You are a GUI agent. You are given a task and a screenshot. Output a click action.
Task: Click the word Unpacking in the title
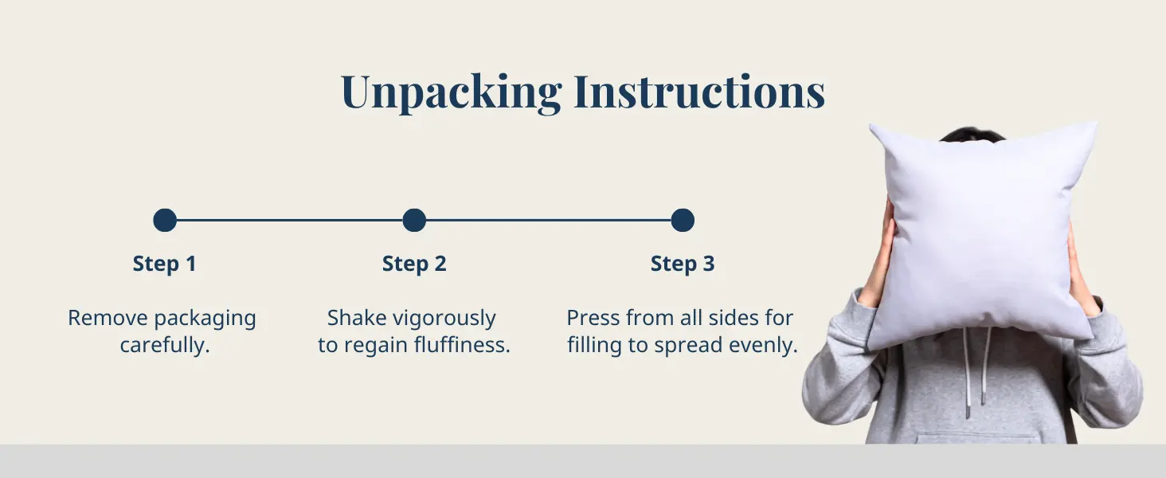coord(451,92)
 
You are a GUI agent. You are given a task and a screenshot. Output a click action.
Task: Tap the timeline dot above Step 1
coord(165,220)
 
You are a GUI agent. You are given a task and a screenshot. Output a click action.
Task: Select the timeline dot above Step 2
coord(414,220)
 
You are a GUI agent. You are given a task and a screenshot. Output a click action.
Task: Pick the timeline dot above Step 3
coord(683,220)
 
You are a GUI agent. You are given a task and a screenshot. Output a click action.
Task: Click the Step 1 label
coord(164,264)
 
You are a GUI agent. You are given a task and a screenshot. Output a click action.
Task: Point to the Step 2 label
coord(414,264)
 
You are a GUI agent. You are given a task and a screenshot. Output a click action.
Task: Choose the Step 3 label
coord(683,264)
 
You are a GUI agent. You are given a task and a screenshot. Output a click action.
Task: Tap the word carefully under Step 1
coord(164,346)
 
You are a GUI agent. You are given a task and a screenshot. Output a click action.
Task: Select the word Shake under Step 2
coord(357,318)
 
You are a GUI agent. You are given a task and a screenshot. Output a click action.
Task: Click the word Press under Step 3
coord(593,318)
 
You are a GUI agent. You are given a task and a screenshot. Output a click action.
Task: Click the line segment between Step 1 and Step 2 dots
coord(289,220)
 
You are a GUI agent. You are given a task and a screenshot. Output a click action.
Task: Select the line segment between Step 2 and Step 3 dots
coord(548,220)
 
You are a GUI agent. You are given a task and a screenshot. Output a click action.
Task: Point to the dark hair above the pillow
coord(972,133)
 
